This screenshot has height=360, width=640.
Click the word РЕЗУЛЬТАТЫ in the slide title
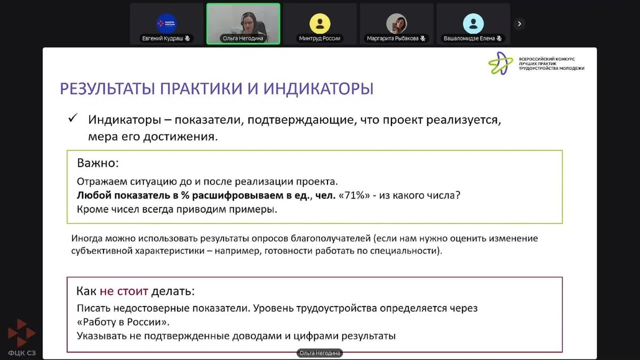click(x=107, y=89)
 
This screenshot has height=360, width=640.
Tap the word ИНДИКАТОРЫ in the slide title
click(x=318, y=89)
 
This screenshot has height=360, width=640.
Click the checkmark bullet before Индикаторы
click(x=73, y=118)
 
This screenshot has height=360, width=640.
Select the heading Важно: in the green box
click(x=98, y=163)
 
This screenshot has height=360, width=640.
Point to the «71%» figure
click(x=354, y=195)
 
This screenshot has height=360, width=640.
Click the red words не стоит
click(x=124, y=291)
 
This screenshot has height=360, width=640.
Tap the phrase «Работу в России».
click(x=123, y=322)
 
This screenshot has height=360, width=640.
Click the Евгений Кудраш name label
click(x=162, y=38)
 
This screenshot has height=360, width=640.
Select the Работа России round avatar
click(x=166, y=23)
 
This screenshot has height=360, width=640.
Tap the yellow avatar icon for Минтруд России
click(x=319, y=23)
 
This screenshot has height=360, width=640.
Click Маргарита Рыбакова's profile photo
click(x=397, y=23)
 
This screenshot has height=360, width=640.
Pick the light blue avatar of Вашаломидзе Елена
click(x=473, y=23)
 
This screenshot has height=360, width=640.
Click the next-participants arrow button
click(x=519, y=23)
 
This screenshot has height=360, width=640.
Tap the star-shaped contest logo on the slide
click(x=501, y=63)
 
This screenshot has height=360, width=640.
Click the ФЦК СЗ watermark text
click(x=22, y=353)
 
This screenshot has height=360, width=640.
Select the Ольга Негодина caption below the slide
click(x=319, y=353)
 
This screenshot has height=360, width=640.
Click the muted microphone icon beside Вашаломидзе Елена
click(x=499, y=38)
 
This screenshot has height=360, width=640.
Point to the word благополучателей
click(x=331, y=238)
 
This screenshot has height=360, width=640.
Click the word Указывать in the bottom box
click(x=102, y=336)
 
